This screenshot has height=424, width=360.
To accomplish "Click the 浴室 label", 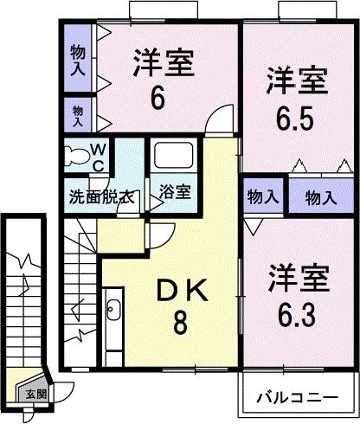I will (176, 191).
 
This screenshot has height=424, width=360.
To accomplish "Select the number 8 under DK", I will (179, 324).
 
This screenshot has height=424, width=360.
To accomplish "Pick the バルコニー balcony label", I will (297, 399).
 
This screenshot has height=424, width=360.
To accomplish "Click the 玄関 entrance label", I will (37, 395).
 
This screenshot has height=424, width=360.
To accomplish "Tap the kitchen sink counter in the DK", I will (113, 319).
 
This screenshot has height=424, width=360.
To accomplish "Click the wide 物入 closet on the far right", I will (321, 197).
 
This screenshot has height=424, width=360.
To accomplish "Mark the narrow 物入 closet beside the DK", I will (262, 197).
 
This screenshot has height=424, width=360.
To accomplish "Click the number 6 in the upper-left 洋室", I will (157, 98).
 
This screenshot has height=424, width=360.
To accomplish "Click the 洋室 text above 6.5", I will (297, 85).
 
